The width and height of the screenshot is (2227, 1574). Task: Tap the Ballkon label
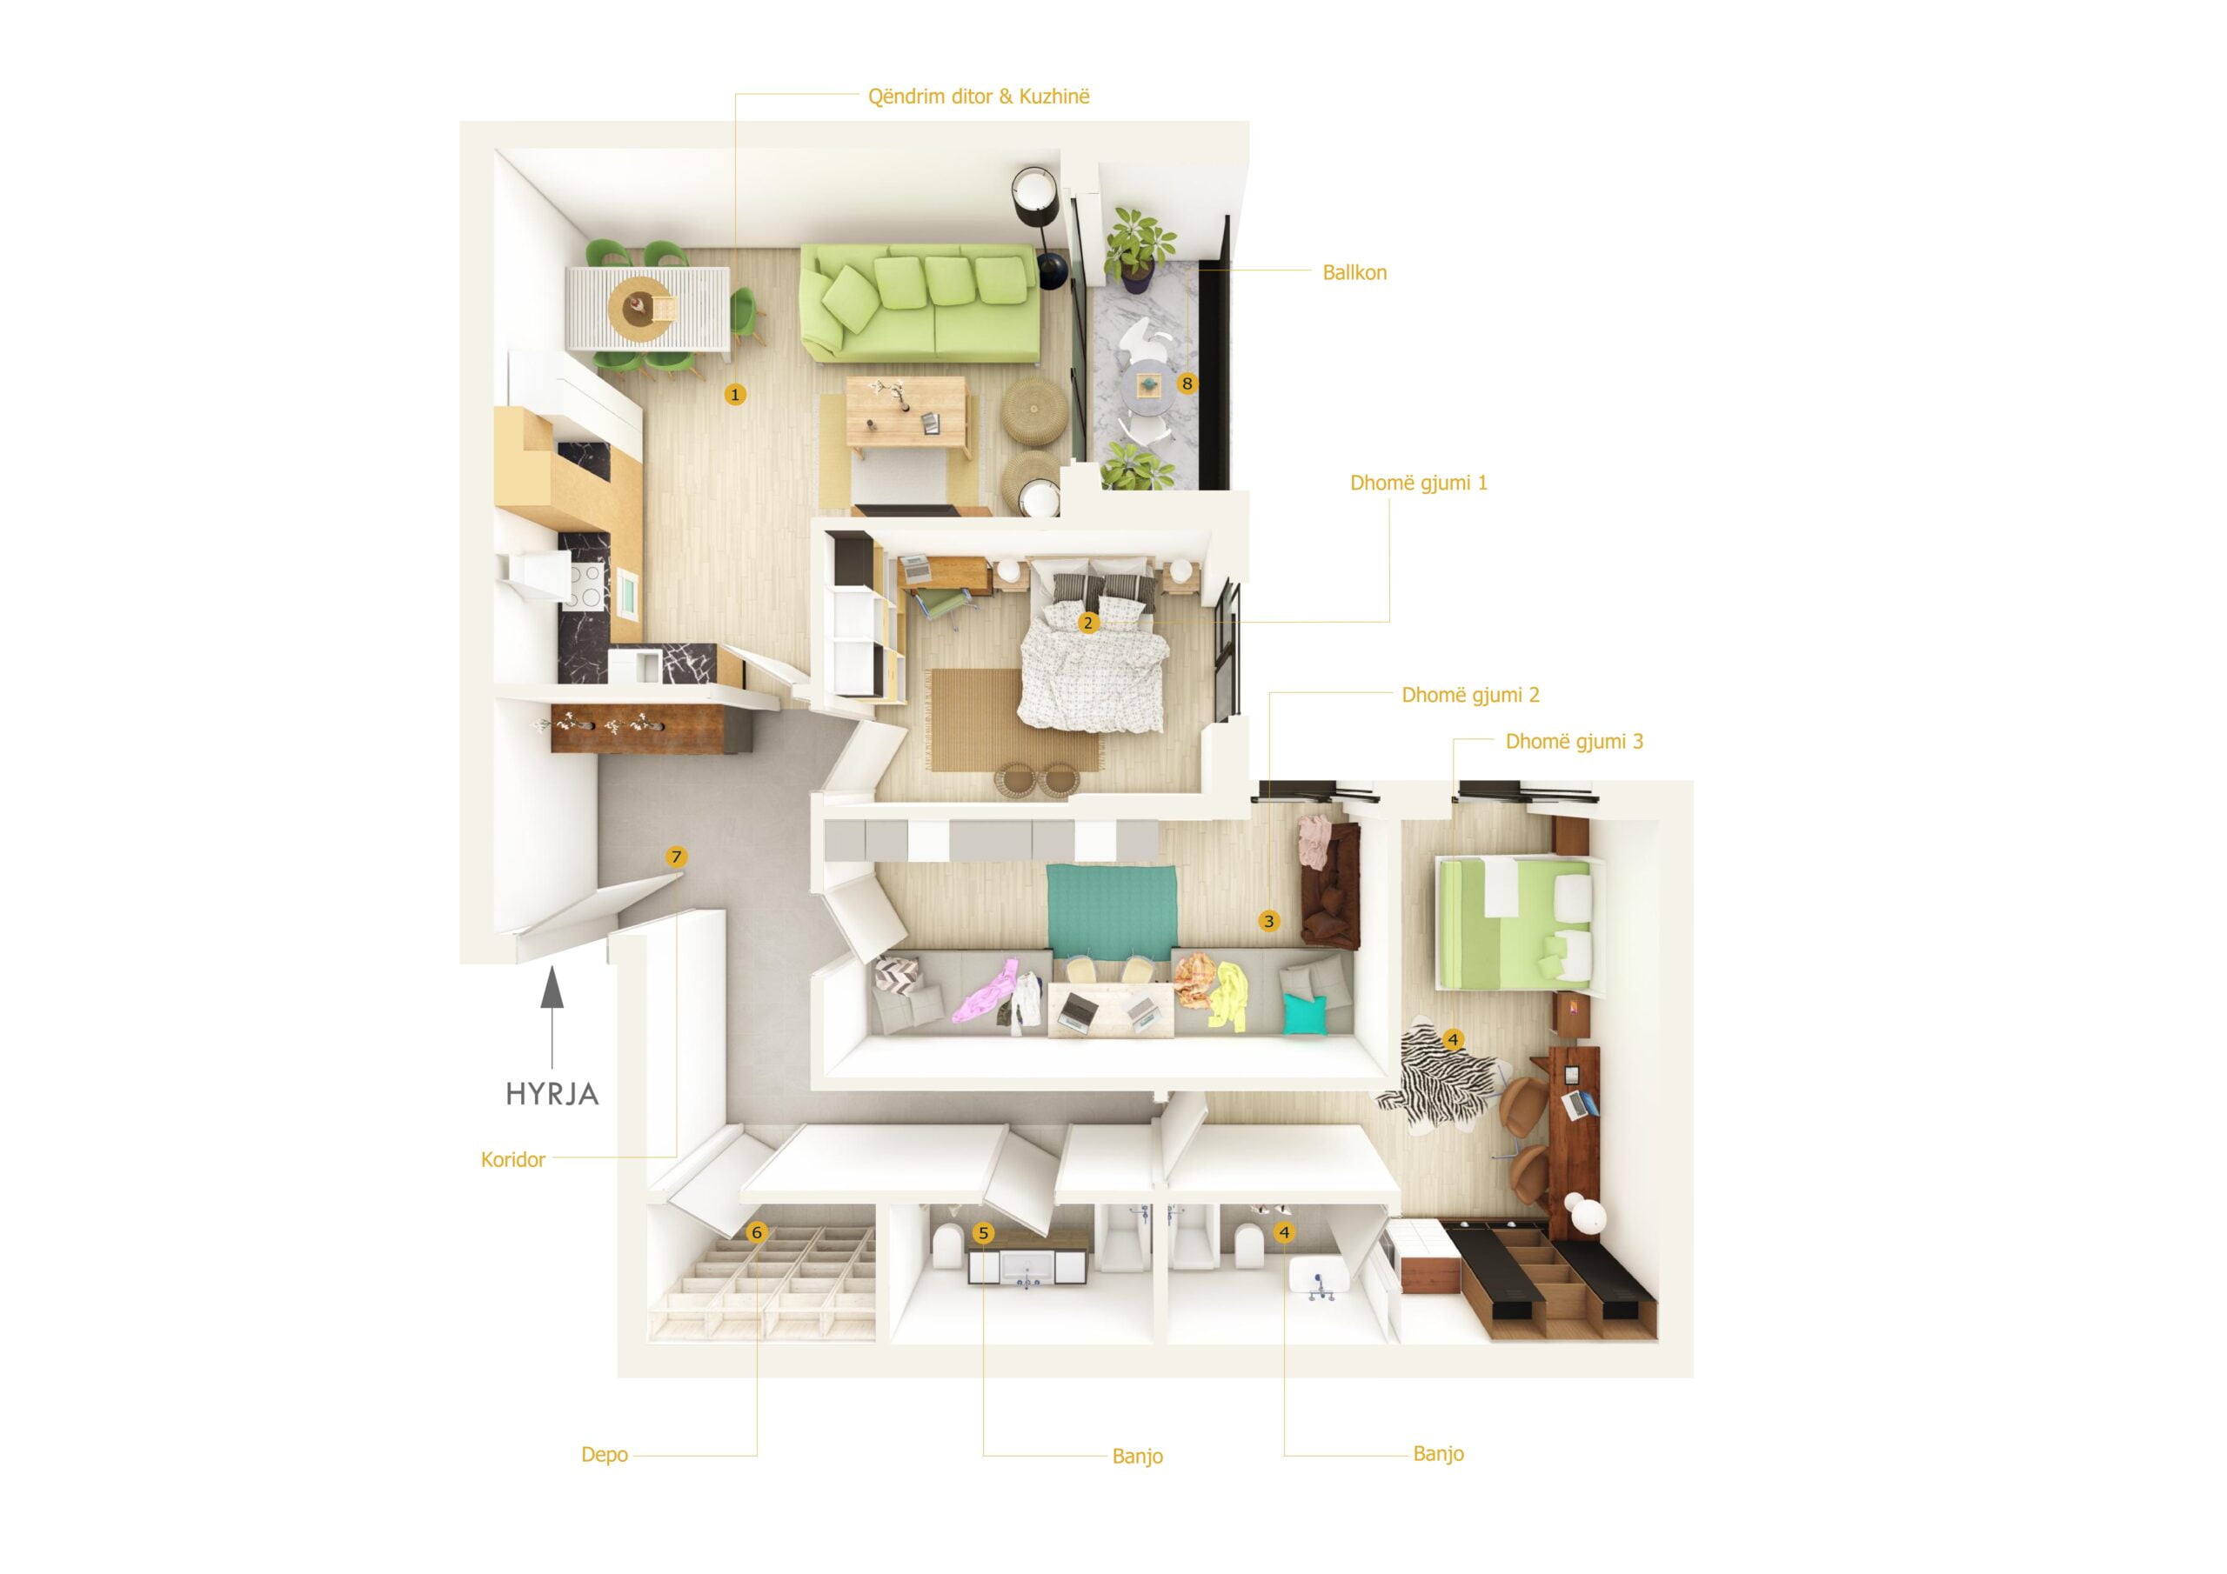tap(1354, 272)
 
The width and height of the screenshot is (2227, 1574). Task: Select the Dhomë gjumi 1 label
tap(1418, 483)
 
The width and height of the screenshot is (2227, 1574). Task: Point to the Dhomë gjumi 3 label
tap(1574, 742)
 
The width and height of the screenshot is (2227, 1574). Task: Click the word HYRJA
tap(552, 1095)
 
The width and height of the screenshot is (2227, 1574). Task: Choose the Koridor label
tap(513, 1160)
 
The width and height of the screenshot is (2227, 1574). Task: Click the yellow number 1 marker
tap(735, 395)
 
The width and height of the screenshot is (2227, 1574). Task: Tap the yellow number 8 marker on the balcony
tap(1187, 384)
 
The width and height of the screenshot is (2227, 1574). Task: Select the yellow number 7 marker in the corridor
tap(676, 857)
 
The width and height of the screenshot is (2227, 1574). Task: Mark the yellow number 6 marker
tap(757, 1232)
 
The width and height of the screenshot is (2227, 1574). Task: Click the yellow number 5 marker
tap(984, 1234)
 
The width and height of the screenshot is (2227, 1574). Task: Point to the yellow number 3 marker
tap(1268, 921)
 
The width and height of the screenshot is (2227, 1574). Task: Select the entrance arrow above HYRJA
tap(552, 1017)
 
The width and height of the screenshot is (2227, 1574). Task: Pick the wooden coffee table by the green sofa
tap(907, 412)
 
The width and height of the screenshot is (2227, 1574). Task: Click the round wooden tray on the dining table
tap(639, 310)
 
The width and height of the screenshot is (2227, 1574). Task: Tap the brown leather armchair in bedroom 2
tap(1331, 885)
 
